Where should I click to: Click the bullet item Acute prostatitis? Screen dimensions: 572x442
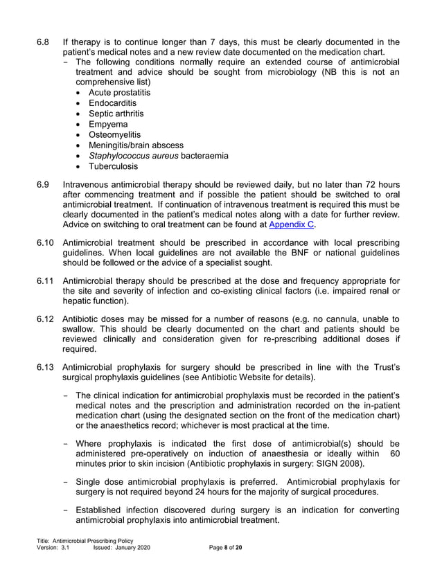point(119,93)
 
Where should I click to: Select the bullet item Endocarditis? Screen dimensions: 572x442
point(112,103)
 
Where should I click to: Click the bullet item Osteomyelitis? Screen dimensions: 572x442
point(114,135)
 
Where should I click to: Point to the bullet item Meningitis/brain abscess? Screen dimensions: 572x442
point(136,145)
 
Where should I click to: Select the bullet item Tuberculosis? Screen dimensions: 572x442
point(113,167)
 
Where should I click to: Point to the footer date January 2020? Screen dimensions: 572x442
point(132,547)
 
